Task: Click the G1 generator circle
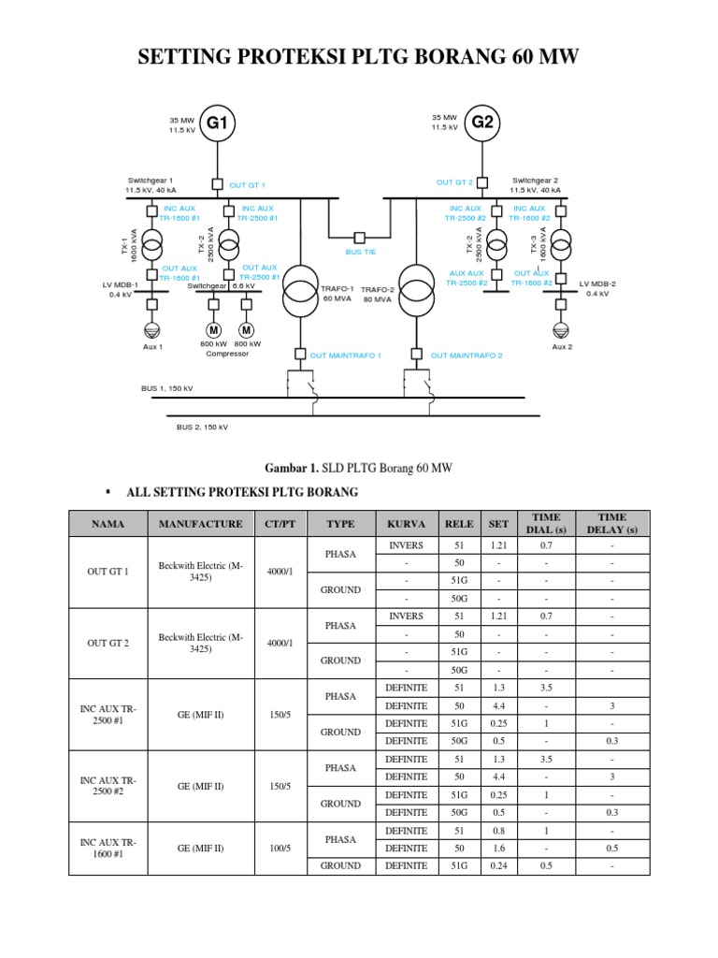pyautogui.click(x=217, y=123)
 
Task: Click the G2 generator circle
pyautogui.click(x=482, y=123)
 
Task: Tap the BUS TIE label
pyautogui.click(x=359, y=253)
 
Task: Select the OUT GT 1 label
pyautogui.click(x=248, y=185)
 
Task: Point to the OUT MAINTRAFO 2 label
pyautogui.click(x=467, y=356)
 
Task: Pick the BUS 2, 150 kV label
pyautogui.click(x=202, y=427)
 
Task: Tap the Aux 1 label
pyautogui.click(x=152, y=347)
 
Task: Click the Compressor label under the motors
pyautogui.click(x=228, y=354)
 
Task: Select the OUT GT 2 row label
pyautogui.click(x=108, y=643)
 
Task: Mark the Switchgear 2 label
pyautogui.click(x=535, y=180)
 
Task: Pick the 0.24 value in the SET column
pyautogui.click(x=500, y=866)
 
